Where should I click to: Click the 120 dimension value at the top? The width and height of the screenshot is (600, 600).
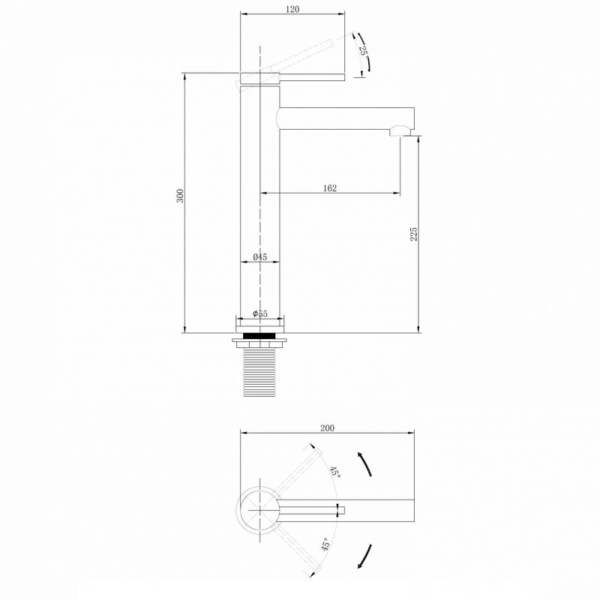tap(292, 9)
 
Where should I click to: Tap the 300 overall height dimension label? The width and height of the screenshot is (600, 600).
tap(180, 196)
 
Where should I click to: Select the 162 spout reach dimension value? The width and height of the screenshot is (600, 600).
tap(330, 188)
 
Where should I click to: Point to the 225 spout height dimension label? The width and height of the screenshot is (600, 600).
tap(414, 234)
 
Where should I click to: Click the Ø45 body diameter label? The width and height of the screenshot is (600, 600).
tap(259, 257)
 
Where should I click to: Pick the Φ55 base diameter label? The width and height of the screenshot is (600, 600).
tap(259, 313)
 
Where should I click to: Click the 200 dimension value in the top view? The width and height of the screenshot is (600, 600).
tap(327, 427)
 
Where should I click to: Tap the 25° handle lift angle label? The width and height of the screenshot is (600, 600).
tap(364, 51)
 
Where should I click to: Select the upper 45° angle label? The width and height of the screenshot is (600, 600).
tap(335, 472)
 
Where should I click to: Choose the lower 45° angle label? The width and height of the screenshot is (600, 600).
tap(325, 544)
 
